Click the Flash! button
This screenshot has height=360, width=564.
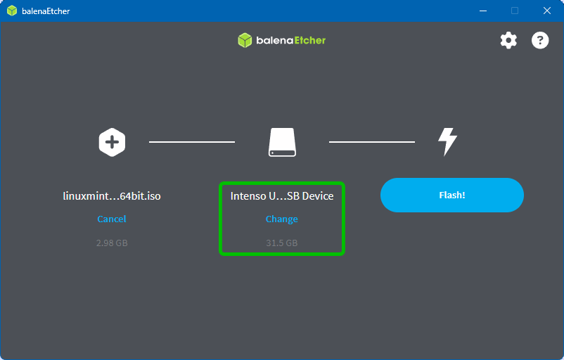pyautogui.click(x=452, y=195)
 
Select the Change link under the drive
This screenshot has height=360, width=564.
pyautogui.click(x=281, y=219)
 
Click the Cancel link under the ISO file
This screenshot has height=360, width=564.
pyautogui.click(x=112, y=219)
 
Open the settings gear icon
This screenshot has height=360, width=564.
pyautogui.click(x=508, y=40)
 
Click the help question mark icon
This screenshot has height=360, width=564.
pyautogui.click(x=540, y=40)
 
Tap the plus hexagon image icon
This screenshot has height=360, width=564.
pyautogui.click(x=112, y=142)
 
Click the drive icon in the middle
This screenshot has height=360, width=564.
pyautogui.click(x=282, y=142)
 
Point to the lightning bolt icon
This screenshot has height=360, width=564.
pyautogui.click(x=447, y=141)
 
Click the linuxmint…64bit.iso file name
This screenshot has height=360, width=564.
pyautogui.click(x=112, y=195)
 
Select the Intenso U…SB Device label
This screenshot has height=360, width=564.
pyautogui.click(x=282, y=195)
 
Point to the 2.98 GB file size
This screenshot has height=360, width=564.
pyautogui.click(x=112, y=243)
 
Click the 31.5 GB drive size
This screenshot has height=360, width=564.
pyautogui.click(x=281, y=243)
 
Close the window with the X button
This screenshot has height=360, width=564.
pyautogui.click(x=546, y=11)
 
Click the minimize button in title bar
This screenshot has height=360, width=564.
pyautogui.click(x=483, y=11)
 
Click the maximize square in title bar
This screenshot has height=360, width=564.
pyautogui.click(x=515, y=11)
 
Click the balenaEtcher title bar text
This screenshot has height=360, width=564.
pyautogui.click(x=46, y=11)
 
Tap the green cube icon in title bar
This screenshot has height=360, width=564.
pyautogui.click(x=12, y=11)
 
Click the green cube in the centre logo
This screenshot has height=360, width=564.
pyautogui.click(x=245, y=40)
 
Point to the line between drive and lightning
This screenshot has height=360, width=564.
pyautogui.click(x=371, y=142)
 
